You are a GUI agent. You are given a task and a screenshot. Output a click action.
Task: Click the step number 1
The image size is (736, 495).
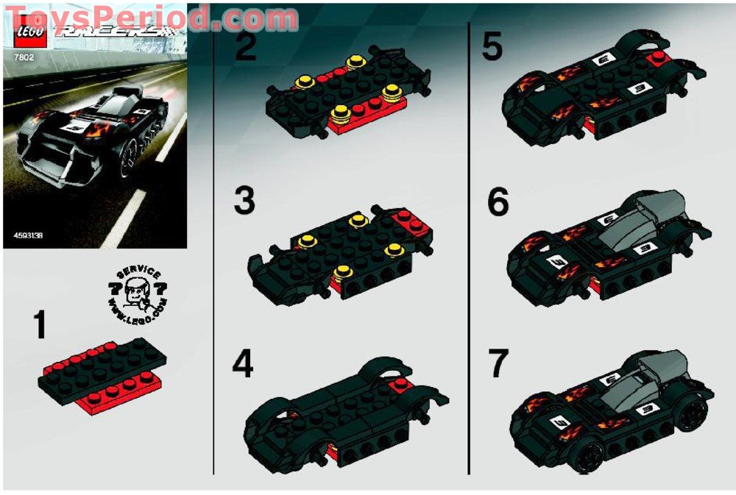pos(40,326)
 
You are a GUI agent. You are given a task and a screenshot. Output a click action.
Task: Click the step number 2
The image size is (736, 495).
pos(245,49)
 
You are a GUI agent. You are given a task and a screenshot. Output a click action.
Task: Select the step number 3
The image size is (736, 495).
pos(245,200)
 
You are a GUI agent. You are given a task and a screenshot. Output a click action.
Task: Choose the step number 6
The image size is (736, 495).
pos(498,202)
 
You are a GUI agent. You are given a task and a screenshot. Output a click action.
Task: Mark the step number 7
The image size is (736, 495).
pos(498,364)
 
